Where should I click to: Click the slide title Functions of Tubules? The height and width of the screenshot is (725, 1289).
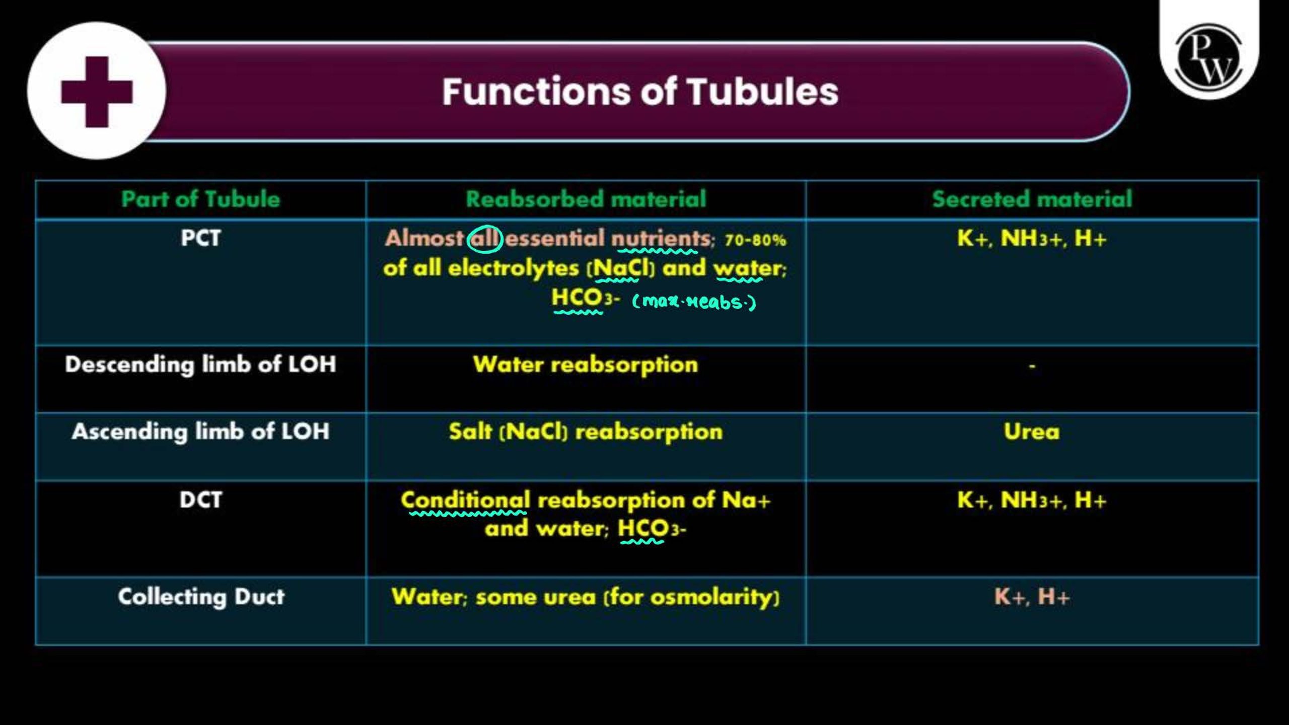click(640, 92)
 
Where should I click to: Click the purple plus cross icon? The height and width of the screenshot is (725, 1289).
click(97, 92)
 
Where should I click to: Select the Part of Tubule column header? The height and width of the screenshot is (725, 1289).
click(200, 199)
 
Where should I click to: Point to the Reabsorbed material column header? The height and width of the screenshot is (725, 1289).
click(586, 199)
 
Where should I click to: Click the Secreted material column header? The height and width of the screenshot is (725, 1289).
click(1032, 199)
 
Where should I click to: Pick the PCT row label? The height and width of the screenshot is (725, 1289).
click(200, 238)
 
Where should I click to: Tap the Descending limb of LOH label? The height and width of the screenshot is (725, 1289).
click(200, 365)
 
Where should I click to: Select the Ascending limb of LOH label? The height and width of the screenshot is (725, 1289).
click(200, 431)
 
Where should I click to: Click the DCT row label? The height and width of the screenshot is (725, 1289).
click(200, 500)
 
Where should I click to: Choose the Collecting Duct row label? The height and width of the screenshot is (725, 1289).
click(201, 597)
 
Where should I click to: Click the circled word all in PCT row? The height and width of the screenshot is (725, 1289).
click(484, 239)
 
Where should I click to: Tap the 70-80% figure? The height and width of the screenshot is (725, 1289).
click(755, 240)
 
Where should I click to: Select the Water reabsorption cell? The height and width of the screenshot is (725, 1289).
click(586, 365)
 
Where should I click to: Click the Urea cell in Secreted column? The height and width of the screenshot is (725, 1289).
click(1032, 432)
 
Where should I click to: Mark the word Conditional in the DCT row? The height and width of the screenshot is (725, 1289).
click(465, 500)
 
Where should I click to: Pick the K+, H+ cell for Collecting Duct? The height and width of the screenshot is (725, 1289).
click(1032, 597)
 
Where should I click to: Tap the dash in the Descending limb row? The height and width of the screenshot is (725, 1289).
click(1032, 366)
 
